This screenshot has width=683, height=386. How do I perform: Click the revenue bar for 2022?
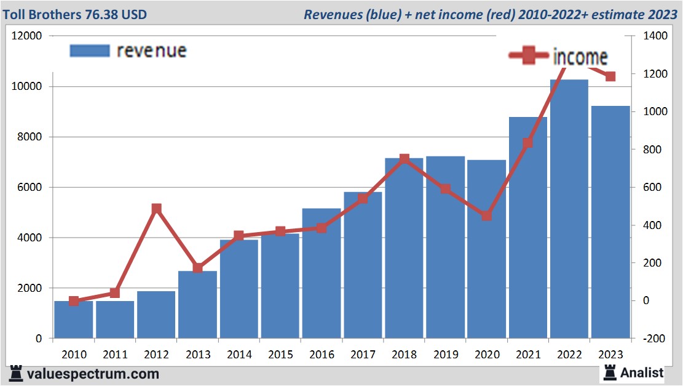tap(569, 209)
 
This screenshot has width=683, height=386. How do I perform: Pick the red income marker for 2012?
tap(156, 209)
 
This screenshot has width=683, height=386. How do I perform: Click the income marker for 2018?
tap(404, 159)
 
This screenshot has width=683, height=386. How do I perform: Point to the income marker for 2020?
tap(486, 215)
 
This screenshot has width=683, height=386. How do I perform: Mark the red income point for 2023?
tap(610, 76)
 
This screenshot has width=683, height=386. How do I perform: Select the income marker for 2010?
tap(74, 301)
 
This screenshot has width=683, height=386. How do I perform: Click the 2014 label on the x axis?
tap(239, 355)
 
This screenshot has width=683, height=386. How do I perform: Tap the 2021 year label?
tap(528, 355)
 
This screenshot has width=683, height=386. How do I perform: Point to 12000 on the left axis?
tap(27, 36)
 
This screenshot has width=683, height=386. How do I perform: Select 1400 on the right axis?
tap(655, 36)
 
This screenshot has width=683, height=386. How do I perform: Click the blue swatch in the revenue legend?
tap(89, 50)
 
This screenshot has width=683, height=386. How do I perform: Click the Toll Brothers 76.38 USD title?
tap(74, 14)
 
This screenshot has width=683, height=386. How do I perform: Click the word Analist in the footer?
tap(642, 372)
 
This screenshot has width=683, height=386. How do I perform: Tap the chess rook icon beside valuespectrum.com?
tap(17, 373)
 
